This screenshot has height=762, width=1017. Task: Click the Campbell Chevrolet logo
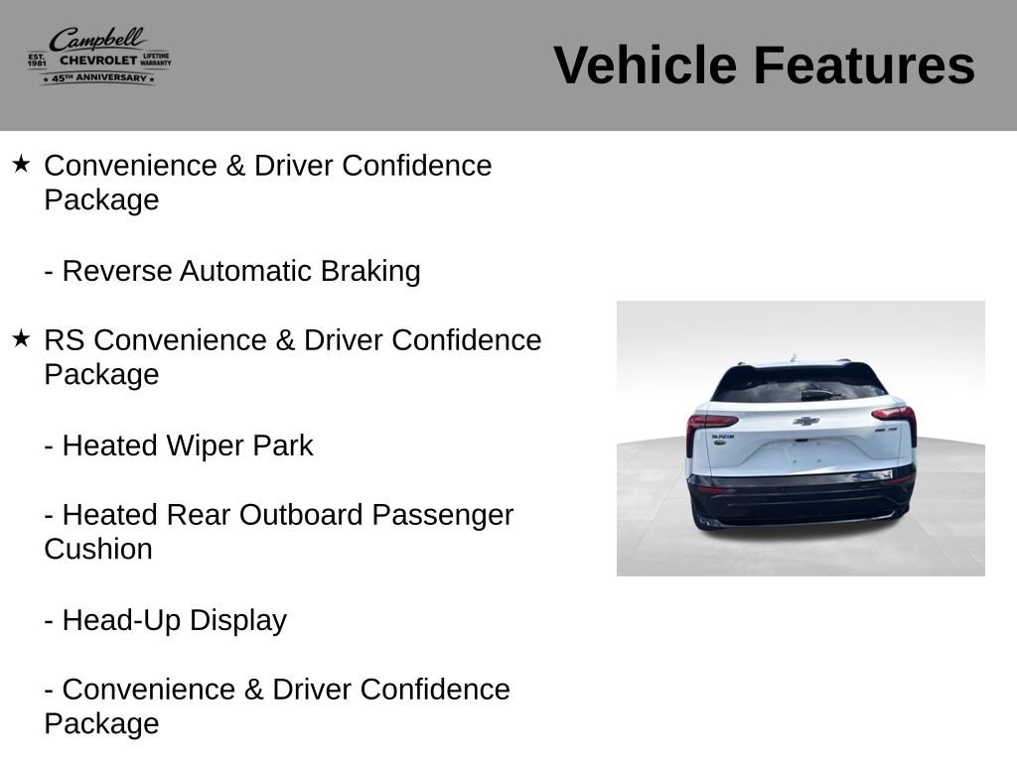(99, 57)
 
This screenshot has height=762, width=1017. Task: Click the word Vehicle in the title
(645, 64)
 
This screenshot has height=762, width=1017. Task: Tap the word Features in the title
(863, 64)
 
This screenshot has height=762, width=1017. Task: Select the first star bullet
(21, 164)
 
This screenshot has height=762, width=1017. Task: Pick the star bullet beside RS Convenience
(21, 338)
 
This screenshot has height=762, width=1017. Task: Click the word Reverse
(117, 271)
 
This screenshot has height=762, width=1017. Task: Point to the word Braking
(370, 272)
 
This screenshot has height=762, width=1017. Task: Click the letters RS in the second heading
(65, 340)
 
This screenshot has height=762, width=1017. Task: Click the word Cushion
(98, 550)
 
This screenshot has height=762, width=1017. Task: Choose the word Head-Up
(121, 621)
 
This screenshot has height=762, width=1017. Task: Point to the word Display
(238, 621)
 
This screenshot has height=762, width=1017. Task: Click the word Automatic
(246, 271)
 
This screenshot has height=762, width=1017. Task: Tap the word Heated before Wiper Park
(110, 445)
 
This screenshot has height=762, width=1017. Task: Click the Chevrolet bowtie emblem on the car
(806, 421)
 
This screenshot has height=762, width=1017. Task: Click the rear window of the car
(799, 385)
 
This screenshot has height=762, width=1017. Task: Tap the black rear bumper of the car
(801, 499)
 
